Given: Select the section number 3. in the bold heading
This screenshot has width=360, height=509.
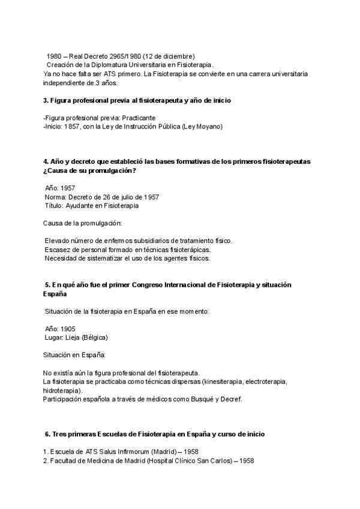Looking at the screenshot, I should coord(46,100).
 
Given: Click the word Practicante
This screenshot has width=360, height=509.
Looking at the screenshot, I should coord(139,118).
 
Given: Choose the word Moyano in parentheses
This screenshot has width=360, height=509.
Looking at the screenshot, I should coord(207,127).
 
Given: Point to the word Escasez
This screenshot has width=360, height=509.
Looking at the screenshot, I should coord(58,250).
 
